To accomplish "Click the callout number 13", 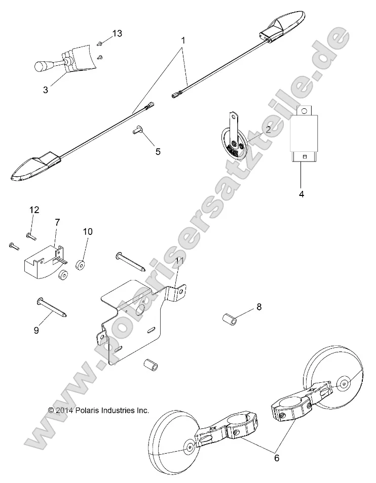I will (x=117, y=33).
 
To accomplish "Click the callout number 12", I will (x=34, y=210).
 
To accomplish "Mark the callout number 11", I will (x=178, y=261).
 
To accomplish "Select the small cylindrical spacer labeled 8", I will (x=229, y=320).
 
